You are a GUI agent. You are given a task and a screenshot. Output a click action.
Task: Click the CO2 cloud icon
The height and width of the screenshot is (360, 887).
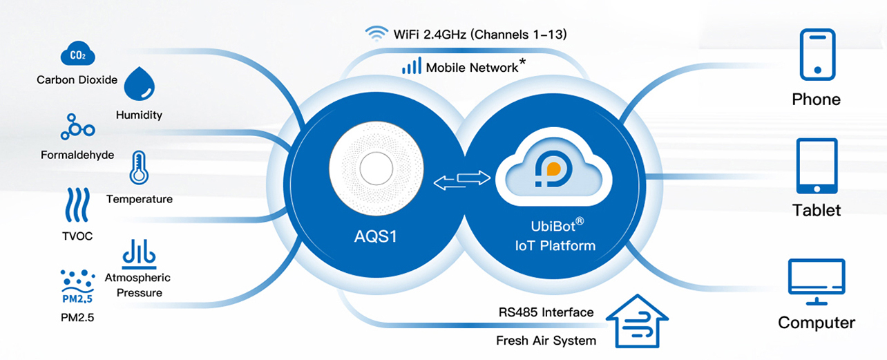[78, 55]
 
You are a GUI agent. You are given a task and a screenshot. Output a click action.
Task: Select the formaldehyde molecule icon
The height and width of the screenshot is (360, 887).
[77, 127]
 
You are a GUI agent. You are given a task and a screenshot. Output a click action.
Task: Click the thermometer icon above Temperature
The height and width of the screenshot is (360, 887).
[139, 168]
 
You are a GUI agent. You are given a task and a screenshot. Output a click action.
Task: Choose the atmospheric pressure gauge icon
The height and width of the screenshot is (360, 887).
[139, 254]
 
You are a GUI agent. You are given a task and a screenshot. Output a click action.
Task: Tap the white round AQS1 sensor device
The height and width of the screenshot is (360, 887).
[374, 169]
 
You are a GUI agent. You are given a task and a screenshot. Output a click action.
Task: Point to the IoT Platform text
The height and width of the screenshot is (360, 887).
[555, 245]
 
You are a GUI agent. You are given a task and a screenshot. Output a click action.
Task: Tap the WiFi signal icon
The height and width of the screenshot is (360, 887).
[376, 33]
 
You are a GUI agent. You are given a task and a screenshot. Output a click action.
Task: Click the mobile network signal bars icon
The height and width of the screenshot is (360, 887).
[411, 66]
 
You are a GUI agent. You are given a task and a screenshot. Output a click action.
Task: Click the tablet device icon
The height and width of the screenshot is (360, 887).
[817, 167]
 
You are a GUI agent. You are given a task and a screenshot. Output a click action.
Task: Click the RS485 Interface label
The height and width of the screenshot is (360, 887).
[546, 312]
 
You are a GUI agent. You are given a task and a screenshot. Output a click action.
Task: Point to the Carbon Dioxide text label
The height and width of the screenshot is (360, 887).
[77, 79]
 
